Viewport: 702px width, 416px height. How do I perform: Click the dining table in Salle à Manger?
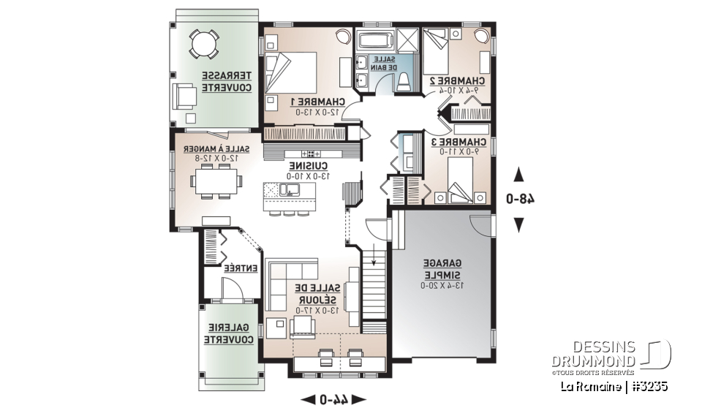[217, 181]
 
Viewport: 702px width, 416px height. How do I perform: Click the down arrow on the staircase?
[374, 255]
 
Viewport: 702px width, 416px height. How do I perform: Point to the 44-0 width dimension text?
[333, 399]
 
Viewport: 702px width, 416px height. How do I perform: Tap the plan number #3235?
[649, 385]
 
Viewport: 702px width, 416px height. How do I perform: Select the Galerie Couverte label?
[229, 333]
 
